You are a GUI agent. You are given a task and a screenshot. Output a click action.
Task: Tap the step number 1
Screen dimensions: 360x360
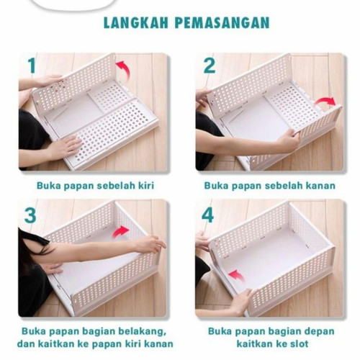[x=32, y=66]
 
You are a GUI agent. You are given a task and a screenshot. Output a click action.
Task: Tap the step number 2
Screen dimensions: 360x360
[x=210, y=66]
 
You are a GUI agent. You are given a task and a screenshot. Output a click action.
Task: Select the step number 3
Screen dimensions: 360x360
[x=30, y=216]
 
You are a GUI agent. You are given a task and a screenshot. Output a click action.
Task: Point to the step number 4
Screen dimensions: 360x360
[x=207, y=215]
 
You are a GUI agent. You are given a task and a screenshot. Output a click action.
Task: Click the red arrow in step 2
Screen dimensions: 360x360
[x=325, y=102]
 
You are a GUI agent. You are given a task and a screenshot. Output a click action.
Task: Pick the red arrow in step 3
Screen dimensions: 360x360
[x=120, y=232]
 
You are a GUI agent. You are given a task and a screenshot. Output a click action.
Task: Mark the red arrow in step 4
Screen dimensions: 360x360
[x=236, y=276]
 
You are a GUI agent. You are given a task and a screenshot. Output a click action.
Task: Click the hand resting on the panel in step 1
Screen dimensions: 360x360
[x=67, y=145]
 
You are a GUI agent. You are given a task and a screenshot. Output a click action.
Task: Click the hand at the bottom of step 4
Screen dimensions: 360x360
[x=243, y=302]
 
